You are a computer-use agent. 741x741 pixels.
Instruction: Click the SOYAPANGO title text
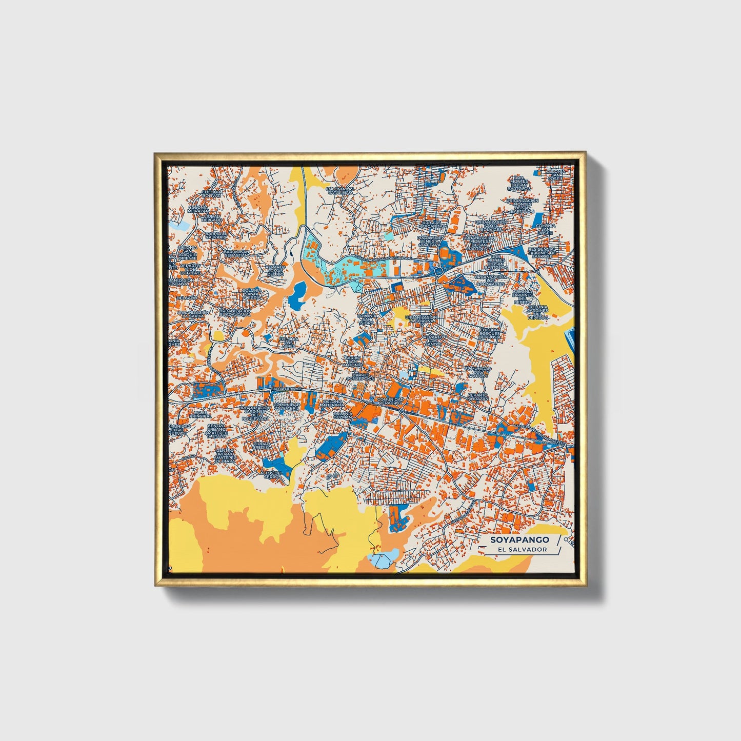pos(519,539)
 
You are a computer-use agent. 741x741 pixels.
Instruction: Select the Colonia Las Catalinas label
pos(339,191)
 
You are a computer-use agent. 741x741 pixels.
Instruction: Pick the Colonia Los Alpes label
pos(288,343)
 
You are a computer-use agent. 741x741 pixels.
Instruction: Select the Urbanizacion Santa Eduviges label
pos(491,226)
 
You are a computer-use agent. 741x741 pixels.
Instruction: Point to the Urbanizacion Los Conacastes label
pos(491,280)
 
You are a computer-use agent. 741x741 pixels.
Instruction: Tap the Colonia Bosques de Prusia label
pos(490,333)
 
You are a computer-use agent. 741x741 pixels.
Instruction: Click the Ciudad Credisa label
pos(262,446)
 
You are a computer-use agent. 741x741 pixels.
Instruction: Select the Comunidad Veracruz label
pos(390,401)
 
